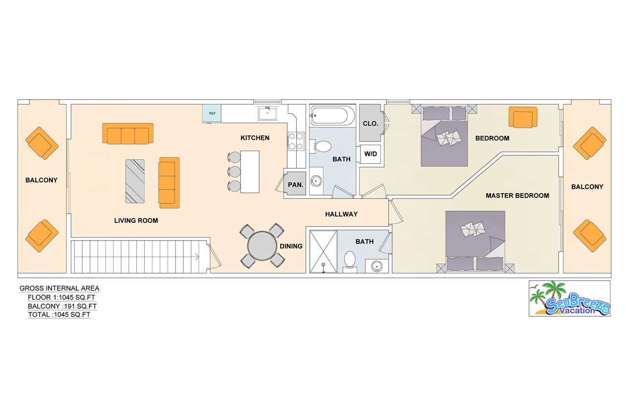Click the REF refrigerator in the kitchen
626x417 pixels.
point(212,113)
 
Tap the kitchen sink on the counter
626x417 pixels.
point(268,114)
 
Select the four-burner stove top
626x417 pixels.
point(296,141)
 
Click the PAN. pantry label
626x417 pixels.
point(295,185)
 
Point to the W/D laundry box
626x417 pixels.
point(370,154)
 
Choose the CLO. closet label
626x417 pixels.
point(370,124)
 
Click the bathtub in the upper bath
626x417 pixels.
point(332,115)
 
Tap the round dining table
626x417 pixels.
point(262,246)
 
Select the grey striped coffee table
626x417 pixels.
point(135,181)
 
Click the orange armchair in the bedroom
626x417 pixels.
point(523,117)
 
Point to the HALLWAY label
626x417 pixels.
point(341,214)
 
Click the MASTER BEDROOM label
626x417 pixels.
point(517,196)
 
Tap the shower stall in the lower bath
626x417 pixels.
point(323,251)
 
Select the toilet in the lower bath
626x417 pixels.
point(350,261)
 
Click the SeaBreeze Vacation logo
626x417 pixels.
point(570,298)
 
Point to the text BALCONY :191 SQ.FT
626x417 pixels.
point(62,306)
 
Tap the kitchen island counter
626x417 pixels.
point(250,172)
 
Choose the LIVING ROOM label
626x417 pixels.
point(136,220)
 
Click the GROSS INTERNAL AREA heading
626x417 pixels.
point(59,288)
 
